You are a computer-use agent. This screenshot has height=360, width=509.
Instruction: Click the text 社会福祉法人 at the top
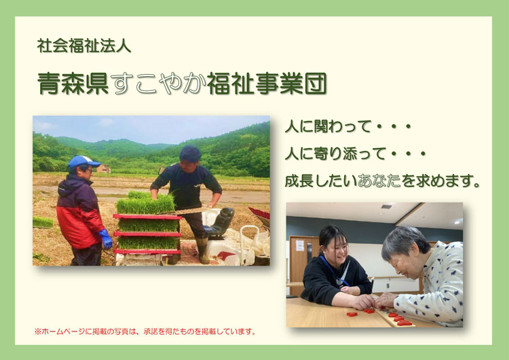(84, 47)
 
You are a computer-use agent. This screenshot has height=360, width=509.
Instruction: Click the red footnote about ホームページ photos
(145, 331)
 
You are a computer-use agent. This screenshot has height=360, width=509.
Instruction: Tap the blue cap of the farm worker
(82, 162)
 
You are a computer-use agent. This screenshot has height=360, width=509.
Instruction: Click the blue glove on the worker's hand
(107, 238)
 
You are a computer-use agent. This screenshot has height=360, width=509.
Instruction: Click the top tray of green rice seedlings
(145, 206)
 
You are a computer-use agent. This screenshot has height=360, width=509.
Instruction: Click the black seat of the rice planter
(223, 221)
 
